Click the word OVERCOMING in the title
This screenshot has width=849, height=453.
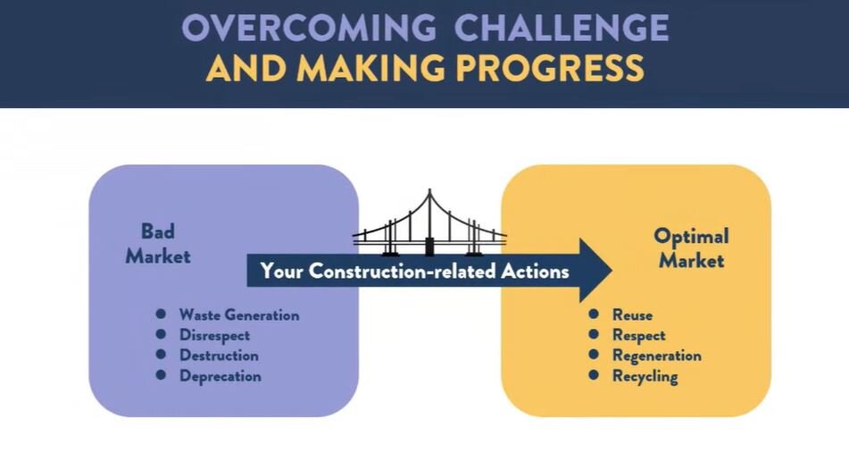click(x=309, y=28)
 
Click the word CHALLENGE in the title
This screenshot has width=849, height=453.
click(x=562, y=28)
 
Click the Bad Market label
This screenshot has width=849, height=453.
click(x=158, y=244)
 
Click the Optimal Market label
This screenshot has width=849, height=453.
click(x=691, y=248)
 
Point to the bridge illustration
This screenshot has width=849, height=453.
click(x=429, y=223)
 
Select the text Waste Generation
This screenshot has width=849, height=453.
click(x=238, y=315)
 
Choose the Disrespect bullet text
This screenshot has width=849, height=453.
click(x=214, y=335)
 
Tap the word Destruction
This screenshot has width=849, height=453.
click(x=219, y=356)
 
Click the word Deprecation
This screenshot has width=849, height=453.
click(x=220, y=376)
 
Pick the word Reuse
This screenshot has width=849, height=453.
click(x=632, y=315)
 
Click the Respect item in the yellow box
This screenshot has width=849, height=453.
click(x=638, y=335)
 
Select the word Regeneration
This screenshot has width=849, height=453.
click(x=656, y=356)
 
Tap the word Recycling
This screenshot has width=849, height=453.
click(x=645, y=376)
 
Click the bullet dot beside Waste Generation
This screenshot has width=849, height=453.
click(x=161, y=314)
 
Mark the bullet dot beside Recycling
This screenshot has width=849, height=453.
click(x=594, y=375)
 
